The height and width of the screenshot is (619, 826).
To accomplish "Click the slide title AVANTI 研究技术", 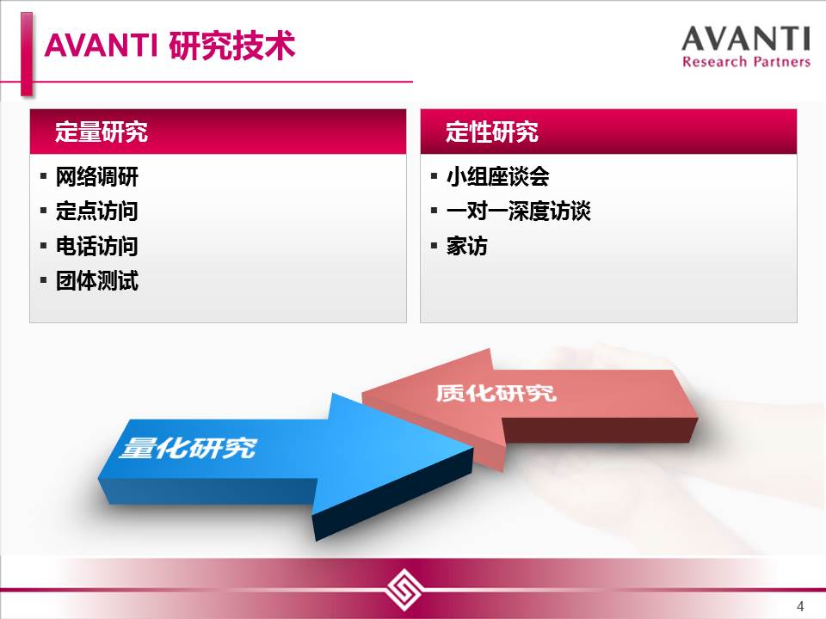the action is click(x=170, y=45).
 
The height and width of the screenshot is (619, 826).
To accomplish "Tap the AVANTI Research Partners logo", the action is click(x=746, y=46).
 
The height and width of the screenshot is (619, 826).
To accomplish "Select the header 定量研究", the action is click(x=102, y=132).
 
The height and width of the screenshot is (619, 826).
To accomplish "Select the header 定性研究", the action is click(x=492, y=132).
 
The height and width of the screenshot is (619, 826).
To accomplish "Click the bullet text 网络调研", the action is click(x=97, y=176).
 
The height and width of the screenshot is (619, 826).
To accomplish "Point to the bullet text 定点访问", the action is click(x=97, y=211).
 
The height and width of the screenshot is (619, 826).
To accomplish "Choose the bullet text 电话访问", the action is click(x=97, y=246).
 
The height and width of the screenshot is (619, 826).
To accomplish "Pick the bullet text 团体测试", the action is click(x=97, y=280).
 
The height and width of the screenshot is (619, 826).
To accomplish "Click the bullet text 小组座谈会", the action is click(x=498, y=176).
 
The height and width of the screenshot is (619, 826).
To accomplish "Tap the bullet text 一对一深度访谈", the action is click(x=518, y=211).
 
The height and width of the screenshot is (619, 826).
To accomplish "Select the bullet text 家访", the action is click(x=466, y=246).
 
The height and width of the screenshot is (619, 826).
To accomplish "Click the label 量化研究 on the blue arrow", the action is click(x=188, y=448).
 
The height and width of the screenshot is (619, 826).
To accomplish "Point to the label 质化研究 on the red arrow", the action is click(x=496, y=393).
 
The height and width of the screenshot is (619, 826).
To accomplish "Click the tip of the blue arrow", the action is click(x=472, y=449).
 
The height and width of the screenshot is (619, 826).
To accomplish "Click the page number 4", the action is click(x=800, y=606).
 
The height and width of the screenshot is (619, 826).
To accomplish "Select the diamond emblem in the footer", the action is click(x=404, y=589).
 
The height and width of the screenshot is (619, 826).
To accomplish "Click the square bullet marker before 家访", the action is click(x=434, y=246).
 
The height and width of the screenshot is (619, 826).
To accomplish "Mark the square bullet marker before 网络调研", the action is click(x=44, y=176).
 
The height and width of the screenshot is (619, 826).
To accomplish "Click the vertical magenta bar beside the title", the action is click(x=27, y=53).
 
